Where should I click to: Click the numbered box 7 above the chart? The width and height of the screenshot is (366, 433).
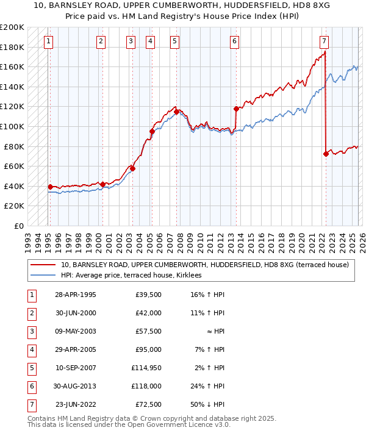[324, 41]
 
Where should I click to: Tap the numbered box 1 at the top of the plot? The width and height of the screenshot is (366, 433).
[48, 41]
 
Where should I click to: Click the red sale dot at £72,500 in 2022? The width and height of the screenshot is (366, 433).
[326, 154]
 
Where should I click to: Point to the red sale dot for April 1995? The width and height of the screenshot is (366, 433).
[50, 187]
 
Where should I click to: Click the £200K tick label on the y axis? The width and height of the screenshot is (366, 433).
[12, 27]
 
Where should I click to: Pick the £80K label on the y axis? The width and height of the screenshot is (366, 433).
[14, 146]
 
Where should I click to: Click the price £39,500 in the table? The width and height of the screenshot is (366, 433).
[148, 295]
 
